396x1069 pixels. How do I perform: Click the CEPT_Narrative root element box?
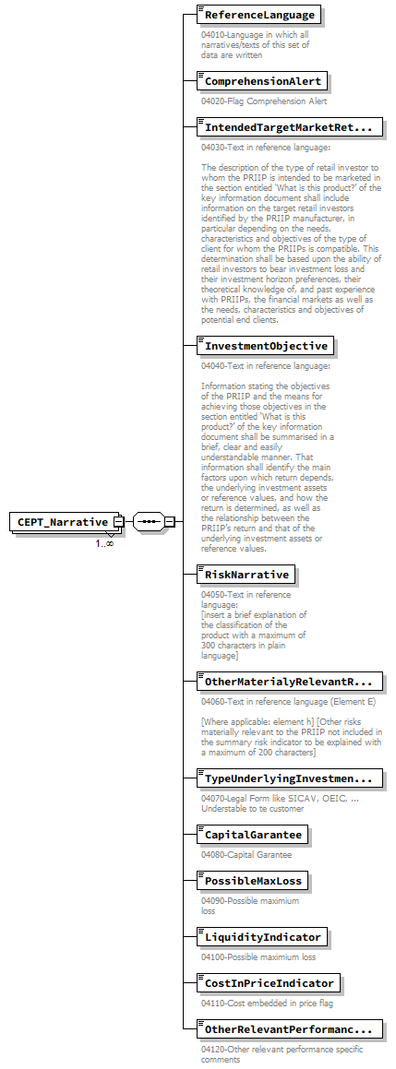(62, 522)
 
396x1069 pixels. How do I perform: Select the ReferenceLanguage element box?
(259, 15)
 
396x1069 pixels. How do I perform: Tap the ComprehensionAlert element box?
(262, 81)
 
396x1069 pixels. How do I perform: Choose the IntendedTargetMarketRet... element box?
(289, 127)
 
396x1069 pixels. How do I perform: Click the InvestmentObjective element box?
(266, 346)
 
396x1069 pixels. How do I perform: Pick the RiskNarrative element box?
(246, 575)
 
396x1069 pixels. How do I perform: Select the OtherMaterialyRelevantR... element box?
(289, 682)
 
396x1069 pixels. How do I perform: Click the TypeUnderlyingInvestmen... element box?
(289, 779)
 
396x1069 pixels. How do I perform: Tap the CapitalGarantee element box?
(253, 835)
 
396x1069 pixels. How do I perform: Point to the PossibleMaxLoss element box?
(253, 881)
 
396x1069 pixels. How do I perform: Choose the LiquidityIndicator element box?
(262, 937)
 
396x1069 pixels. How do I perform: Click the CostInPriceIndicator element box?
(269, 982)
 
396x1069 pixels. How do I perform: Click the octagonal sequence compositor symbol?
(148, 522)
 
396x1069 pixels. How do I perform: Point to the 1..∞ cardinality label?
(104, 543)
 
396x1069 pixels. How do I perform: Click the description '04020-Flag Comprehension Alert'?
(264, 101)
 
